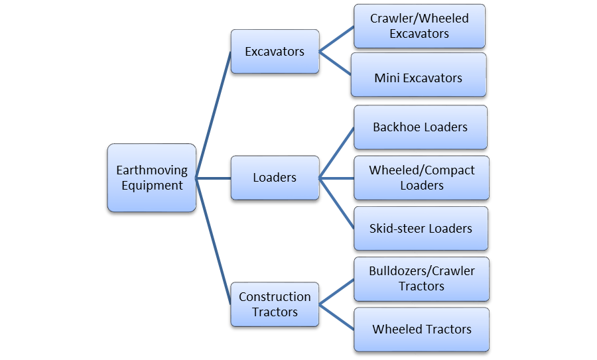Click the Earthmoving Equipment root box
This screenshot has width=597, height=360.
152,178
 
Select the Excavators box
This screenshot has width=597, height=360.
275,51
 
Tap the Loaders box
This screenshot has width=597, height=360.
275,178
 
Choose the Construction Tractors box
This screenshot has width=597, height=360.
275,304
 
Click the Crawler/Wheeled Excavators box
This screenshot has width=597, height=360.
419,26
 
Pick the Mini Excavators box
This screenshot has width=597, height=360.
419,78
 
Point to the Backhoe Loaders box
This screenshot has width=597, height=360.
420,127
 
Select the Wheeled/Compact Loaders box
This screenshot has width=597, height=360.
421,178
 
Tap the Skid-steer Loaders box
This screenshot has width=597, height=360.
421,229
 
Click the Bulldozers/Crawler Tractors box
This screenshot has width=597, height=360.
421,278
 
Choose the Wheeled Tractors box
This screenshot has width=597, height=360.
421,330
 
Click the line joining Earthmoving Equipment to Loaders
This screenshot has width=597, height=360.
214,178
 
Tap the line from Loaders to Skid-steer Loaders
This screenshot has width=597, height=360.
336,203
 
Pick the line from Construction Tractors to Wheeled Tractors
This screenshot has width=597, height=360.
336,317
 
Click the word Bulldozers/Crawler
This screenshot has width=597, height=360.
421,271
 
